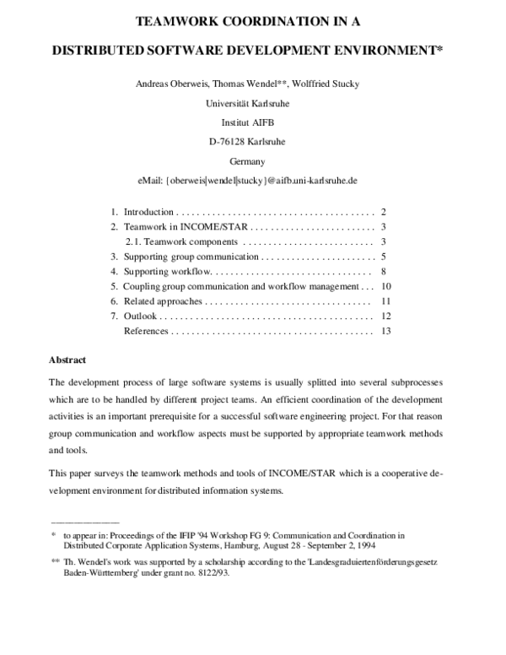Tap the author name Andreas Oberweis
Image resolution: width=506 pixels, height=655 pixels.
(x=171, y=84)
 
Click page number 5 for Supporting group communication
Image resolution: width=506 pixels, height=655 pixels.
(x=383, y=257)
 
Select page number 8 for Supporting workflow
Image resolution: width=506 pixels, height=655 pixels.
(x=383, y=272)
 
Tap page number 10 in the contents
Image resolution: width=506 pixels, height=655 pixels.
(x=386, y=286)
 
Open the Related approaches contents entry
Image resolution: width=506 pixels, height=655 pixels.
(x=163, y=301)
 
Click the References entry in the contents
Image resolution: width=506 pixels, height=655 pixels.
(x=146, y=331)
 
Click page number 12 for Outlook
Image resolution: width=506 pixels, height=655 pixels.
(x=386, y=316)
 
